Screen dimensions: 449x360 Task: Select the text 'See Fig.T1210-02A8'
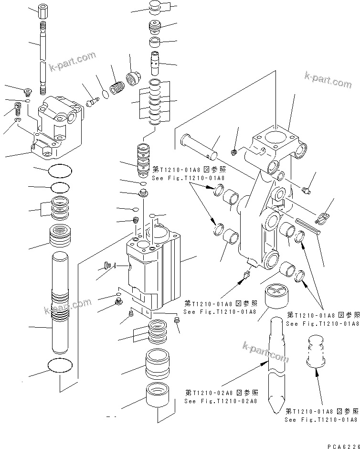pyautogui.click(x=221, y=401)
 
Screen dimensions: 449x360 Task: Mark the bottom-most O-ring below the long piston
pyautogui.click(x=61, y=365)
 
